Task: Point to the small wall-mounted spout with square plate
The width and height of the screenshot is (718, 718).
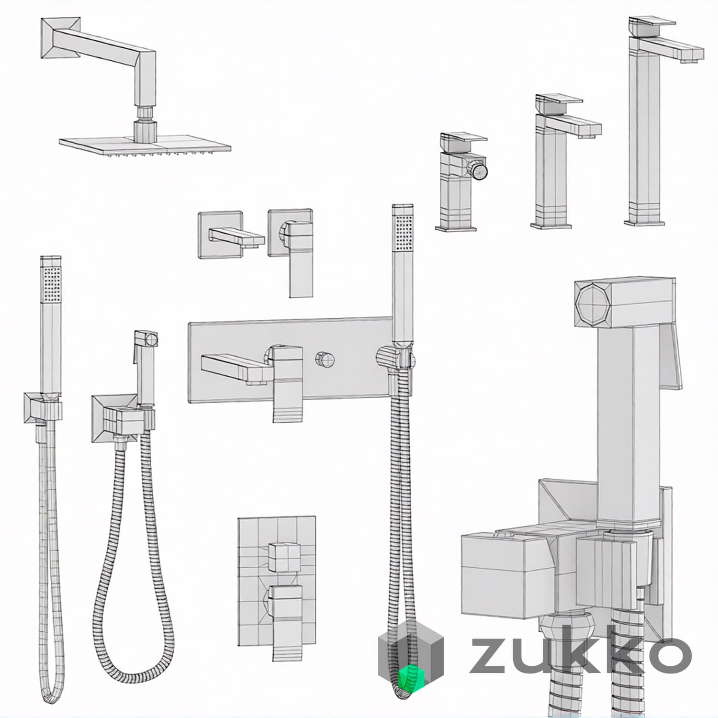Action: click(x=231, y=236)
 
